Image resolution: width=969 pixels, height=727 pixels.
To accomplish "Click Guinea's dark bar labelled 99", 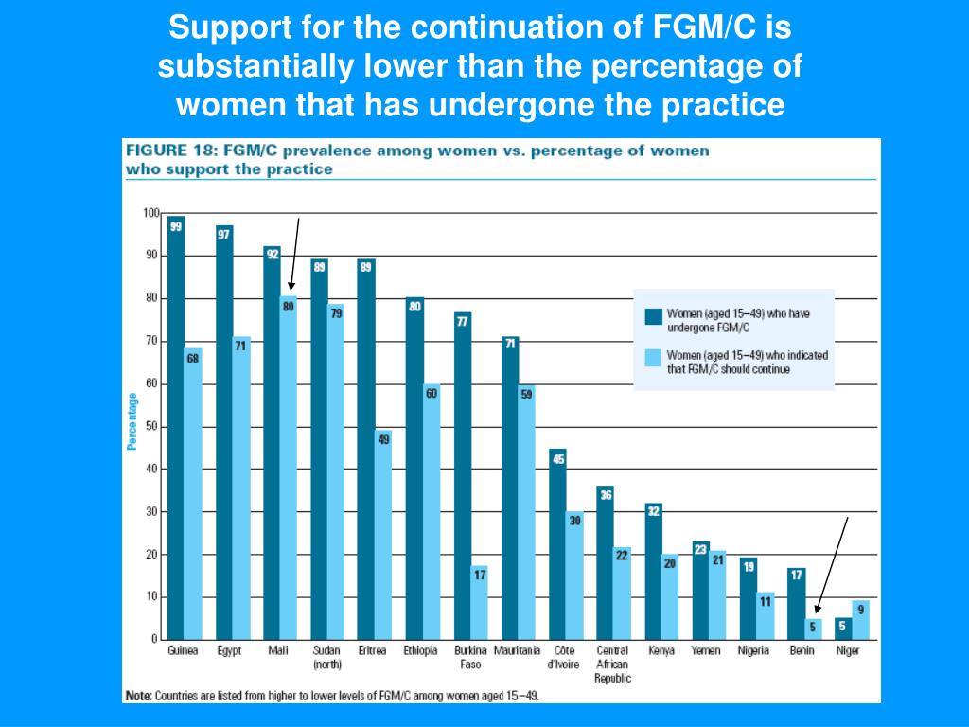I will (175, 426).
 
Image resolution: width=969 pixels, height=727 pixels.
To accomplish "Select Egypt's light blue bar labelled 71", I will (240, 488).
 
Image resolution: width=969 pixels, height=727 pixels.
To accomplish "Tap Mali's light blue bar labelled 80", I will (288, 469).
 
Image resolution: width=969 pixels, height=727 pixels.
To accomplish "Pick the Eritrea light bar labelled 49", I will (383, 535).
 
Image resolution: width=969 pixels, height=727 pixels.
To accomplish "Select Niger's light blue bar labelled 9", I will (860, 620).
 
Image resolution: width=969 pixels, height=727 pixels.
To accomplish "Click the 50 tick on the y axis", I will (150, 427).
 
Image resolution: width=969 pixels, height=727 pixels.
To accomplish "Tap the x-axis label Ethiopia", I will (421, 651).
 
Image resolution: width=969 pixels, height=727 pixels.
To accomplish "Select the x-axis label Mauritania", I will (517, 651).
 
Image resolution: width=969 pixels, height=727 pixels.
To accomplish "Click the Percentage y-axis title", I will (132, 422).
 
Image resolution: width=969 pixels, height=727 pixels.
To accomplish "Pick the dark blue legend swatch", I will (652, 317).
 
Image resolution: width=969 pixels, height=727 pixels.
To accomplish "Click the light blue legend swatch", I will (652, 358).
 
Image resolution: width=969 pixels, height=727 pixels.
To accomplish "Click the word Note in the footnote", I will (138, 696).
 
